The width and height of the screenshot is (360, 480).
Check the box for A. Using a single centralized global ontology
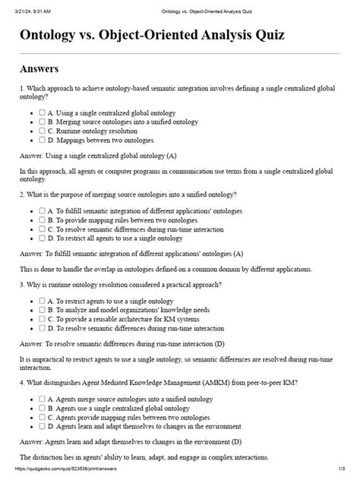43,112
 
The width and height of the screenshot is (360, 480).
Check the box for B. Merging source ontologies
43,121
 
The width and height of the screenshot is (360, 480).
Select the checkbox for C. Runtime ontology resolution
43,131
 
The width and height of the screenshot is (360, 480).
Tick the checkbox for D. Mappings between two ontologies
43,140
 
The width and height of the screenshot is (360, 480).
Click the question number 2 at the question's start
22,194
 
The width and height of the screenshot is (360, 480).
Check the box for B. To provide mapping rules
43,219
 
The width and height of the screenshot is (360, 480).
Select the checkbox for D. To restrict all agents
43,238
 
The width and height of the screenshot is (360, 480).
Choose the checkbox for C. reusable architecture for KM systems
43,318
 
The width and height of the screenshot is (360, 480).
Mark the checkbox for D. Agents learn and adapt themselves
43,426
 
